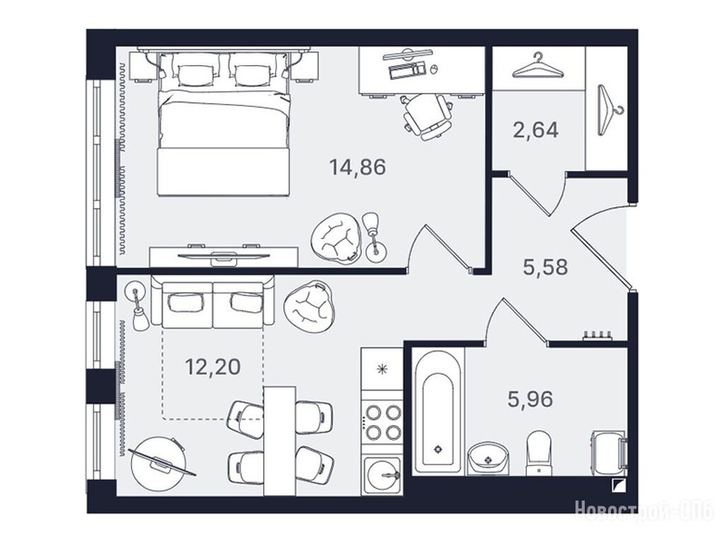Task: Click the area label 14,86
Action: [x=357, y=167]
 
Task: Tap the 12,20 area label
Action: [x=213, y=367]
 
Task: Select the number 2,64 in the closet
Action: [x=536, y=130]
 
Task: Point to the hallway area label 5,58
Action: [x=545, y=267]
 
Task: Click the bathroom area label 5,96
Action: [x=530, y=399]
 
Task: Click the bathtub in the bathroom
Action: [x=437, y=411]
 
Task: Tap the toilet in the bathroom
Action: [x=539, y=453]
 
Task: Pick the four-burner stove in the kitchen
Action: [x=382, y=422]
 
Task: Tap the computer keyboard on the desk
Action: [x=407, y=70]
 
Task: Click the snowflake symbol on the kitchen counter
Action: [x=381, y=369]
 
